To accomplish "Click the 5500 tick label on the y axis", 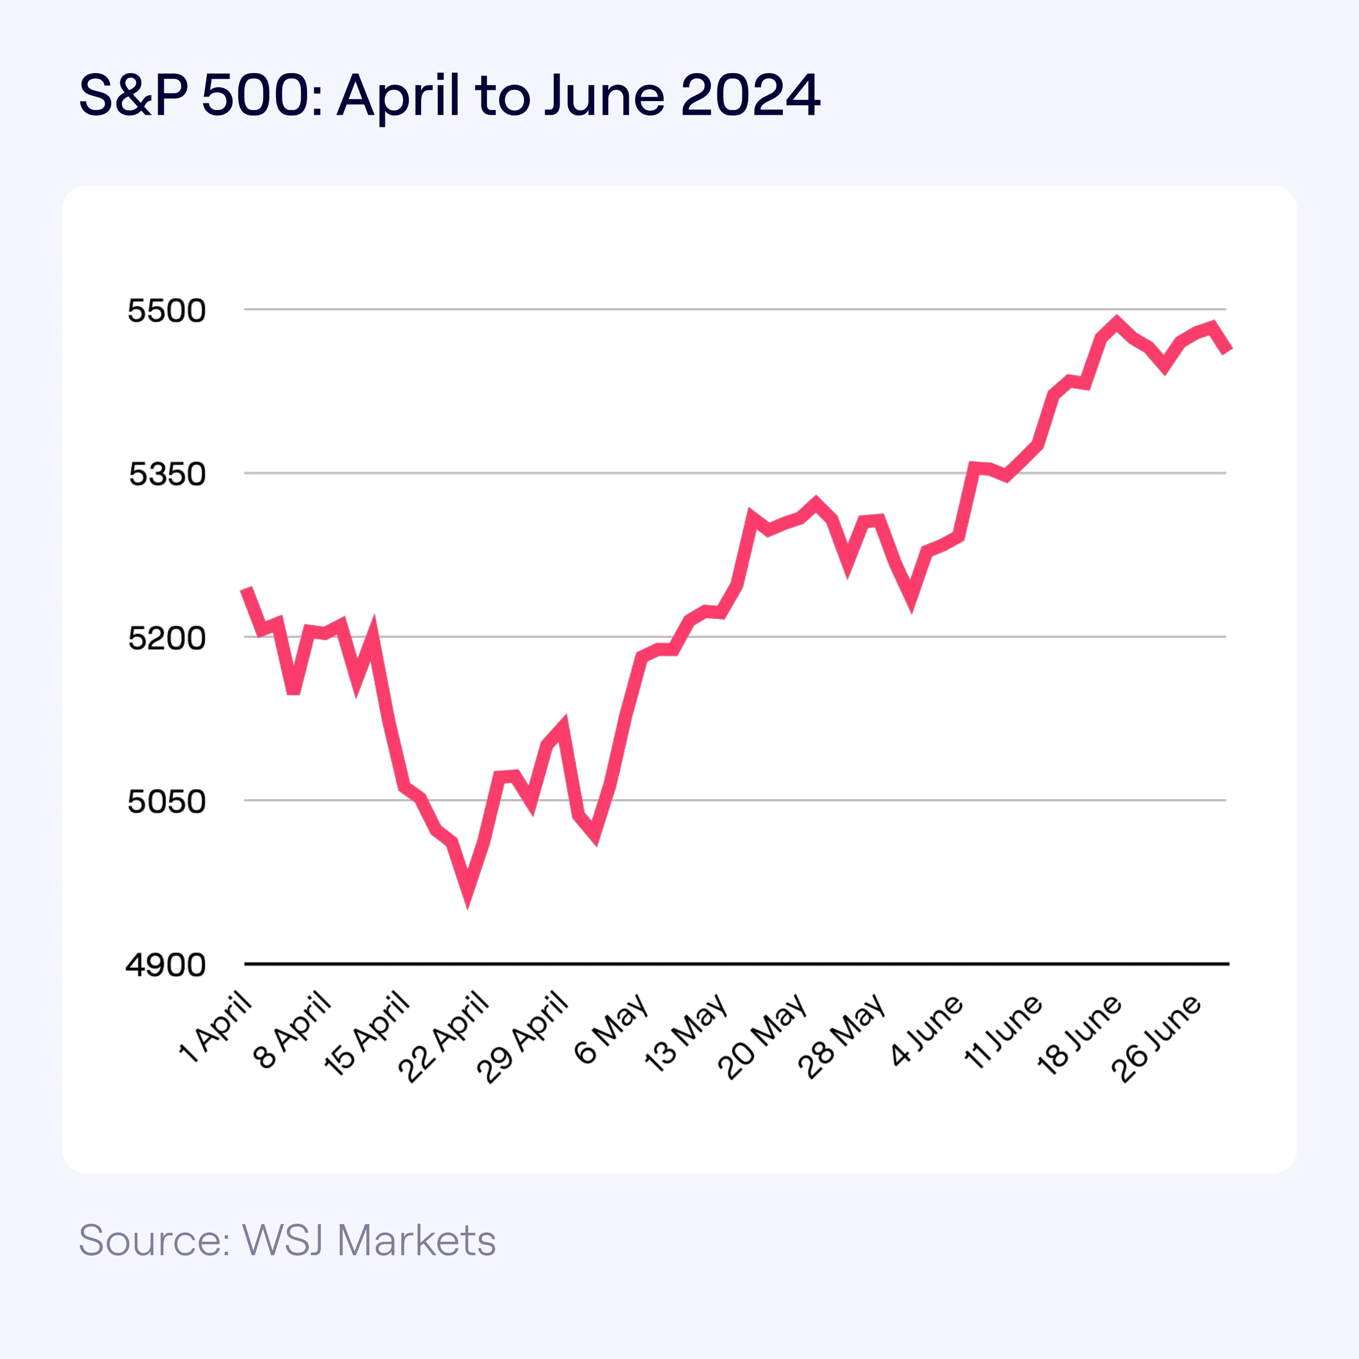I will [167, 310].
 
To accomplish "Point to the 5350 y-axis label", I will [167, 474].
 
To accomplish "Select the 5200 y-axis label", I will [167, 638].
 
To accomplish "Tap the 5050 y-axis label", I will [167, 801].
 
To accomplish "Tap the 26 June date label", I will [1157, 1038].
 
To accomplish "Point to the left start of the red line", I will [246, 590].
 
